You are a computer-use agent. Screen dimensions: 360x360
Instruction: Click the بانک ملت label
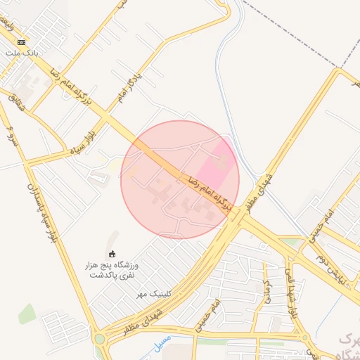18,53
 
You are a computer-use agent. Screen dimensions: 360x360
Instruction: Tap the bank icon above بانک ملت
21,41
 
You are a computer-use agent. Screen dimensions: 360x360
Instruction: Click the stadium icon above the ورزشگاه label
112,254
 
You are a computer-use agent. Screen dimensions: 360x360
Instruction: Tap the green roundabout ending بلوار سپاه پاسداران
99,339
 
